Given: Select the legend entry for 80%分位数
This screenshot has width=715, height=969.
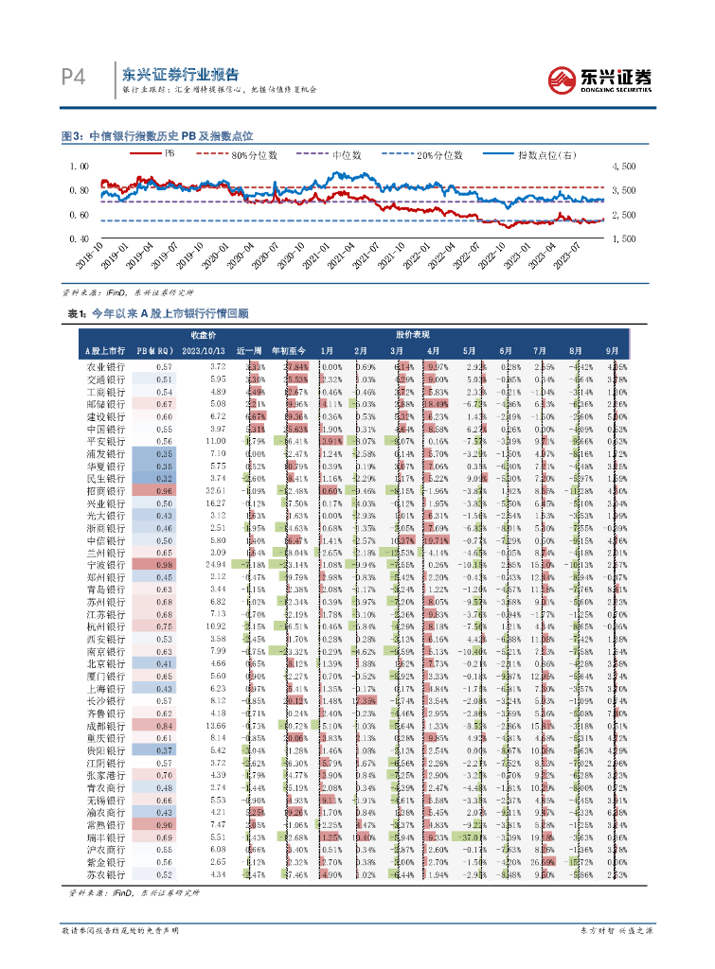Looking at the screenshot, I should (x=256, y=153).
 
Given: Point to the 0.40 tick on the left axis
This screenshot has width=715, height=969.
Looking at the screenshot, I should (x=80, y=239).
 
